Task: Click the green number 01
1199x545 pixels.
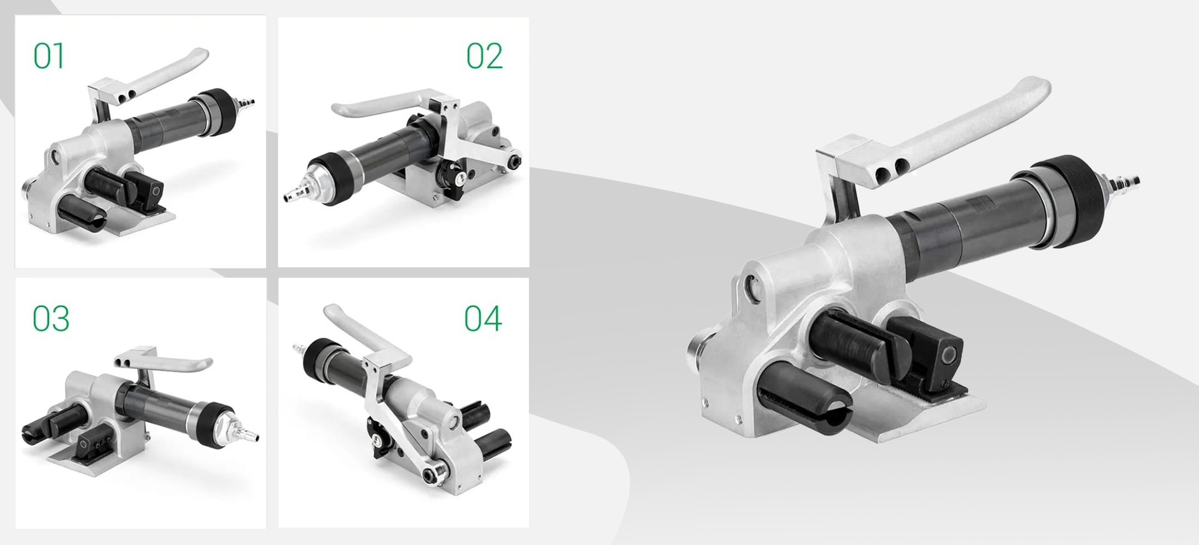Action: (49, 56)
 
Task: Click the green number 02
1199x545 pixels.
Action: (484, 56)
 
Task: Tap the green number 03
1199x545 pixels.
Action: (51, 319)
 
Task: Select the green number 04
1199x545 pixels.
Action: (483, 318)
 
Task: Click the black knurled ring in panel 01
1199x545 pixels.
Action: (216, 109)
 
